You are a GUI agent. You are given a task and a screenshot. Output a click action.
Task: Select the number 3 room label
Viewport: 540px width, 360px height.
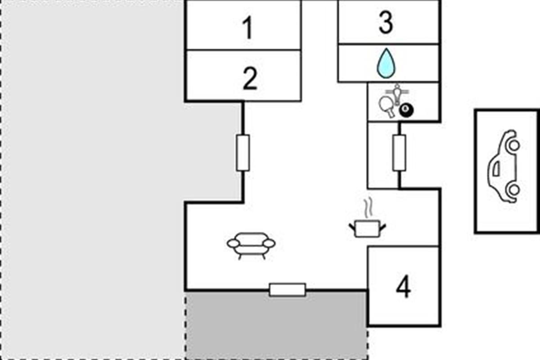click(x=386, y=23)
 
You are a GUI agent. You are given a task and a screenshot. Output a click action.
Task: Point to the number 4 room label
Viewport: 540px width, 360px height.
click(x=403, y=287)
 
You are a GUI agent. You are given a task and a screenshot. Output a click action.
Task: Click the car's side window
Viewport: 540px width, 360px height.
click(x=496, y=168)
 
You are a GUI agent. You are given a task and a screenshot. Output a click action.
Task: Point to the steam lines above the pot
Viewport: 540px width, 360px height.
click(x=367, y=208)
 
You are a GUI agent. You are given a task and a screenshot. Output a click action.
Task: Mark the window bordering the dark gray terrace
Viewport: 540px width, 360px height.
click(x=288, y=289)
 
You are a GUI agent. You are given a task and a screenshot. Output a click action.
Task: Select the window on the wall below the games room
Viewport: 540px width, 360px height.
click(x=399, y=153)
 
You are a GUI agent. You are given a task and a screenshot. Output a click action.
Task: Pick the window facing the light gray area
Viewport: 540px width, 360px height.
click(x=243, y=153)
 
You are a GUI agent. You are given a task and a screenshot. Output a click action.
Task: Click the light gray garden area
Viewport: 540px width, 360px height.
click(x=90, y=180)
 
